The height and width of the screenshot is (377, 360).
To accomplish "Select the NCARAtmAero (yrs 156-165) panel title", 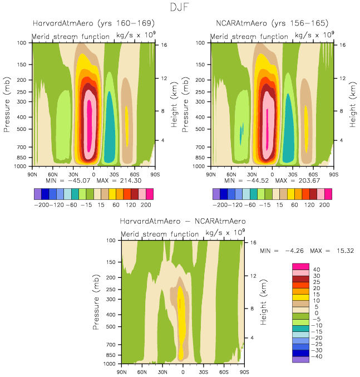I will pyautogui.click(x=272, y=23).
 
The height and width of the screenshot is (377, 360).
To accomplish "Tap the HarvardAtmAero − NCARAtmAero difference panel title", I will pyautogui.click(x=183, y=221).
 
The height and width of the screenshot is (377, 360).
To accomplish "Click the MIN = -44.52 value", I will pyautogui.click(x=244, y=181).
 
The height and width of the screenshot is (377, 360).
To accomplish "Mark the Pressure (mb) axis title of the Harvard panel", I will pyautogui.click(x=7, y=104).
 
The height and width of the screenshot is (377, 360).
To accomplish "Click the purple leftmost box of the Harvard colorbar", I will pyautogui.click(x=37, y=193).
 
